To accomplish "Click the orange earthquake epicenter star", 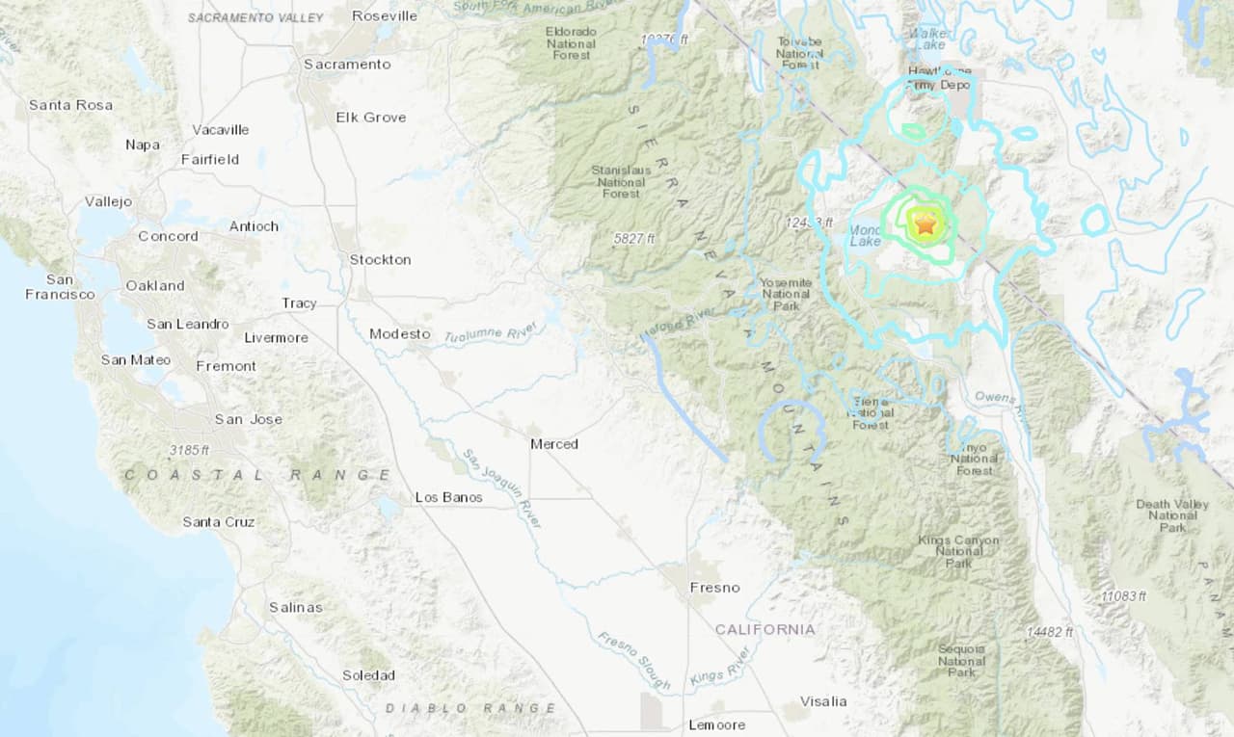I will pos(925,224).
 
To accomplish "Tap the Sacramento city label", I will pos(347,64).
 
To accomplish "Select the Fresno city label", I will pos(714,587).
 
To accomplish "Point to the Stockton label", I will pos(380,259).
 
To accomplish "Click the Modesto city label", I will pos(399,333).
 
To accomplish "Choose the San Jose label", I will pos(248,419).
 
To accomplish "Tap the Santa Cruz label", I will pos(219,521).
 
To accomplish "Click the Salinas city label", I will pos(295,607).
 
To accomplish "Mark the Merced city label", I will pos(553,444).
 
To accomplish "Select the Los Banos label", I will pos(448,497).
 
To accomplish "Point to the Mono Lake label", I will pos(865,235).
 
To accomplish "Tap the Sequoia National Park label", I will pos(961,661).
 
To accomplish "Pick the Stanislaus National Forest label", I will pos(621,181).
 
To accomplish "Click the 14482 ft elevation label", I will pos(1050,632).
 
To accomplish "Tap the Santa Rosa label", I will pos(70,104).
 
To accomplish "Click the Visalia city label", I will pos(822,700).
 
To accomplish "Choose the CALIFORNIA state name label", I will pos(765,629).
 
